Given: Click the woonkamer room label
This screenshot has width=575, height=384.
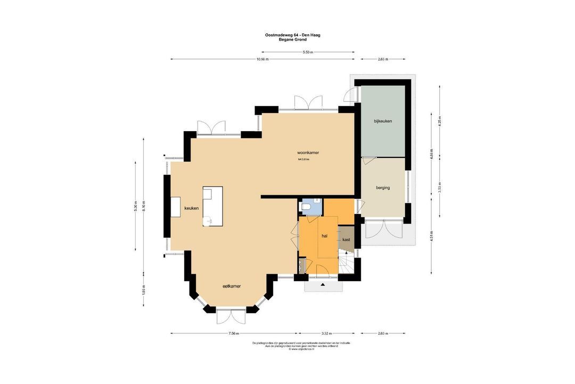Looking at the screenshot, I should pos(308,153).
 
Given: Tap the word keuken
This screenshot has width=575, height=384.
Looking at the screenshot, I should pos(191,208).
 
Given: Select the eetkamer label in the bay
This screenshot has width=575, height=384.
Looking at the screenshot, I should pos(232,286).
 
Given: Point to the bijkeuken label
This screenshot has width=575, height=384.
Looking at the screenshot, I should pos(383,121).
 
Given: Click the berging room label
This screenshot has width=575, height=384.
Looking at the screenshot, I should pos(383,188).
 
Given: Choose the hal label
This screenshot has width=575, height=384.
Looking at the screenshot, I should pos(324,235).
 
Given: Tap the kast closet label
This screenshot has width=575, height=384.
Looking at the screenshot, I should pos(346,239).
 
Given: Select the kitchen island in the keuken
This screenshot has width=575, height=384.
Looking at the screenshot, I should pos(212,206).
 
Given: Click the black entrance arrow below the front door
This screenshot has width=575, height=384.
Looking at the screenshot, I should pos(323,286).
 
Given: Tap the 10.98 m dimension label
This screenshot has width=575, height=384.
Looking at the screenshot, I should pos(262,59).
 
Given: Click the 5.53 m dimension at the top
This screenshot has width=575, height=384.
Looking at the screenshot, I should pos(308,52).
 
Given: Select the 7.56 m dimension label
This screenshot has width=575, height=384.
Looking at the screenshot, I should pos(233,333).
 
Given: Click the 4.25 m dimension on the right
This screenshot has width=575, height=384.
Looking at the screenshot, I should pos(439,121).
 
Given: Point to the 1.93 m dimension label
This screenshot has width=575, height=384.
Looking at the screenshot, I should pos(143,289).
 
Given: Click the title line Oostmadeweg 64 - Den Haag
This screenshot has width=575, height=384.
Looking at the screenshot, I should pos(292,35).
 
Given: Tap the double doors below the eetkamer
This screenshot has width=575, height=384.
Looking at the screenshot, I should pos(232,316).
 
